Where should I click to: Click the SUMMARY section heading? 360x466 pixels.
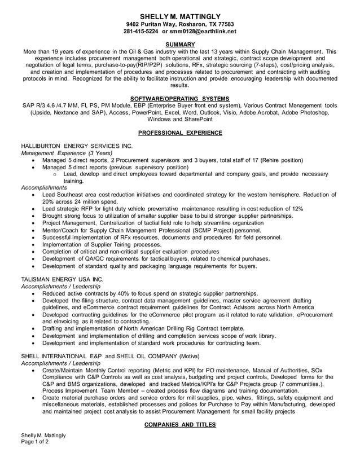click(179, 44)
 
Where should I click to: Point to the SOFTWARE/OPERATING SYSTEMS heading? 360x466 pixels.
click(179, 99)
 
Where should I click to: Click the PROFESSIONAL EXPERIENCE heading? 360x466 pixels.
click(179, 133)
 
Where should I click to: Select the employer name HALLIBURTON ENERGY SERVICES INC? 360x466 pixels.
click(77, 146)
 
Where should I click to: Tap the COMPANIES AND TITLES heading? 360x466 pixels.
click(179, 424)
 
